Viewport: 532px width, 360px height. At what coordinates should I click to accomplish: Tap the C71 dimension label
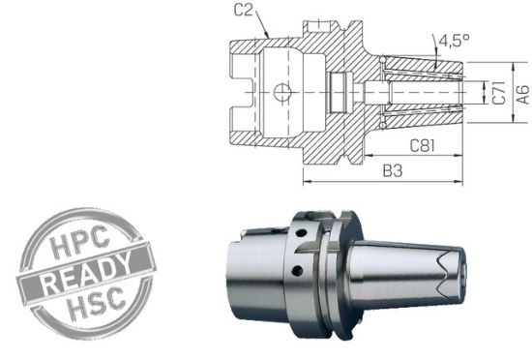[x=496, y=93]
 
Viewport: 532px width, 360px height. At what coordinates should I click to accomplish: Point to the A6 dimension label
[x=521, y=93]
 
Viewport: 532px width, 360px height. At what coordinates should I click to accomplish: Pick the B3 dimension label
[x=391, y=170]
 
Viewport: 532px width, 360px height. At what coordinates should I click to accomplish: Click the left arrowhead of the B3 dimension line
[x=306, y=181]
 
